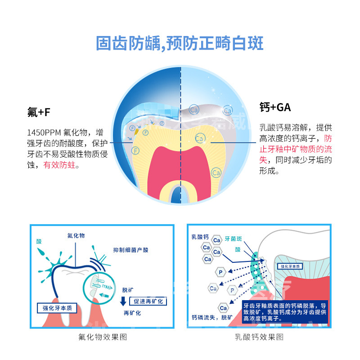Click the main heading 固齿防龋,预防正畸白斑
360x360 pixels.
[x=180, y=44]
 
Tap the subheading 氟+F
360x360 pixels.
[x=39, y=113]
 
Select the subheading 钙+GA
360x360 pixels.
[x=275, y=108]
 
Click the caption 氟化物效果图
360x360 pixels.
[x=102, y=337]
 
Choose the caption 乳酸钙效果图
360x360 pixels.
[x=259, y=337]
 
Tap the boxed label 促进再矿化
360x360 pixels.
[x=148, y=301]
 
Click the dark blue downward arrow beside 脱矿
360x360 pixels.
[x=122, y=301]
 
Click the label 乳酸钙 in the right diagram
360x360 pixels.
[x=200, y=237]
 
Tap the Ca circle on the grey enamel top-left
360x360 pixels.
[x=194, y=109]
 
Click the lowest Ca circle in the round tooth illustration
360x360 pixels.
[x=216, y=172]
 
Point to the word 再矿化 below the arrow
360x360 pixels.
[x=132, y=312]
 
